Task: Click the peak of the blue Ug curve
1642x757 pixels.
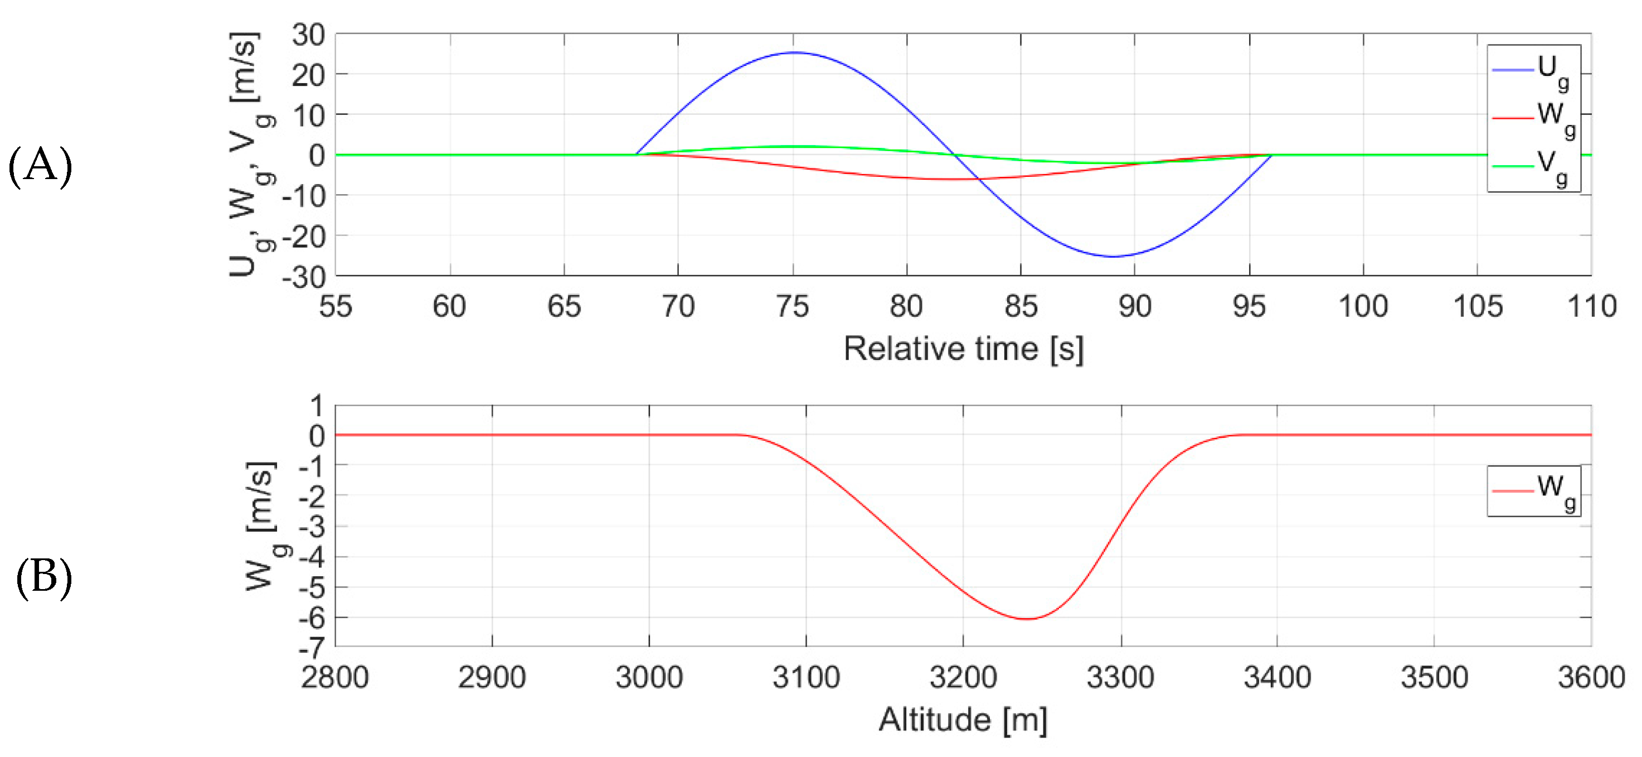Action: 794,53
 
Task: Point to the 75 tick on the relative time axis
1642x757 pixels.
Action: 793,307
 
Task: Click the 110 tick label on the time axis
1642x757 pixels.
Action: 1591,307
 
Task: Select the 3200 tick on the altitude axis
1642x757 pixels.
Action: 963,677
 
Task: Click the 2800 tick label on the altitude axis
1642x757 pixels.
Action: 336,677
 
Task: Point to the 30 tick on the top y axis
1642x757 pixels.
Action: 309,35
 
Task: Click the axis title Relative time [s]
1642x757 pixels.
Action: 963,349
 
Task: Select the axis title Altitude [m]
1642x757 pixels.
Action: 963,720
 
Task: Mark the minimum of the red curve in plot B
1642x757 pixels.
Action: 1027,619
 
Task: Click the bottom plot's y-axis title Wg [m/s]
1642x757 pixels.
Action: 261,525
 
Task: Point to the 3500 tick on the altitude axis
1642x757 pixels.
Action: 1434,677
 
